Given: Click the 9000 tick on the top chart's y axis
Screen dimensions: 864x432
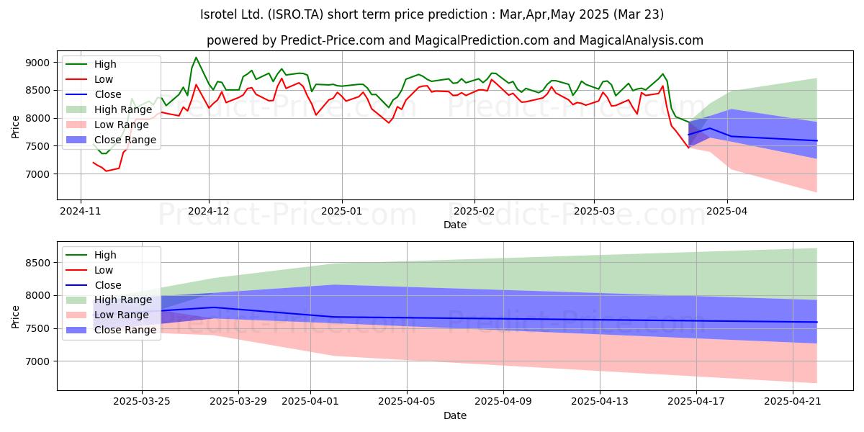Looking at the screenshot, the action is click(x=37, y=63).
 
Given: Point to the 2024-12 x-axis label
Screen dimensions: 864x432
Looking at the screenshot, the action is click(x=209, y=212).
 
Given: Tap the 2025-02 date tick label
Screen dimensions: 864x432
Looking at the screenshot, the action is click(x=474, y=212).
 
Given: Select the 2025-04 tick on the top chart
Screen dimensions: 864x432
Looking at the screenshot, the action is click(x=726, y=212).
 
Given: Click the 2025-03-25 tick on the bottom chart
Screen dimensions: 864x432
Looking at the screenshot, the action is click(x=142, y=402).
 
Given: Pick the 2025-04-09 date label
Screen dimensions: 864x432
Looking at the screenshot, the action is click(x=503, y=402).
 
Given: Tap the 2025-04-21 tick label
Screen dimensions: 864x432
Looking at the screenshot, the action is click(x=792, y=402).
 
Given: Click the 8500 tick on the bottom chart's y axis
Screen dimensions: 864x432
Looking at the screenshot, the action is click(x=37, y=263).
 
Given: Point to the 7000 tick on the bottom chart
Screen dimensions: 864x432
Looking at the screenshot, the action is click(x=37, y=361).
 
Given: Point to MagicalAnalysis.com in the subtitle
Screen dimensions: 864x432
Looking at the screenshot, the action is click(x=641, y=40).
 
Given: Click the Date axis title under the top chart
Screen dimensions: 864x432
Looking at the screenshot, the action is click(x=455, y=225).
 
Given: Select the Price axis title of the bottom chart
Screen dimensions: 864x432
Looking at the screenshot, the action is click(x=15, y=317).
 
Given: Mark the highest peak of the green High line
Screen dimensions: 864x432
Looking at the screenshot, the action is click(x=196, y=58).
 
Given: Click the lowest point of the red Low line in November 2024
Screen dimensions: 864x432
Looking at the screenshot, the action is click(x=107, y=171).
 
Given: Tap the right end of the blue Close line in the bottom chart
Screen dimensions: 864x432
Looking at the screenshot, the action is click(x=816, y=322).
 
